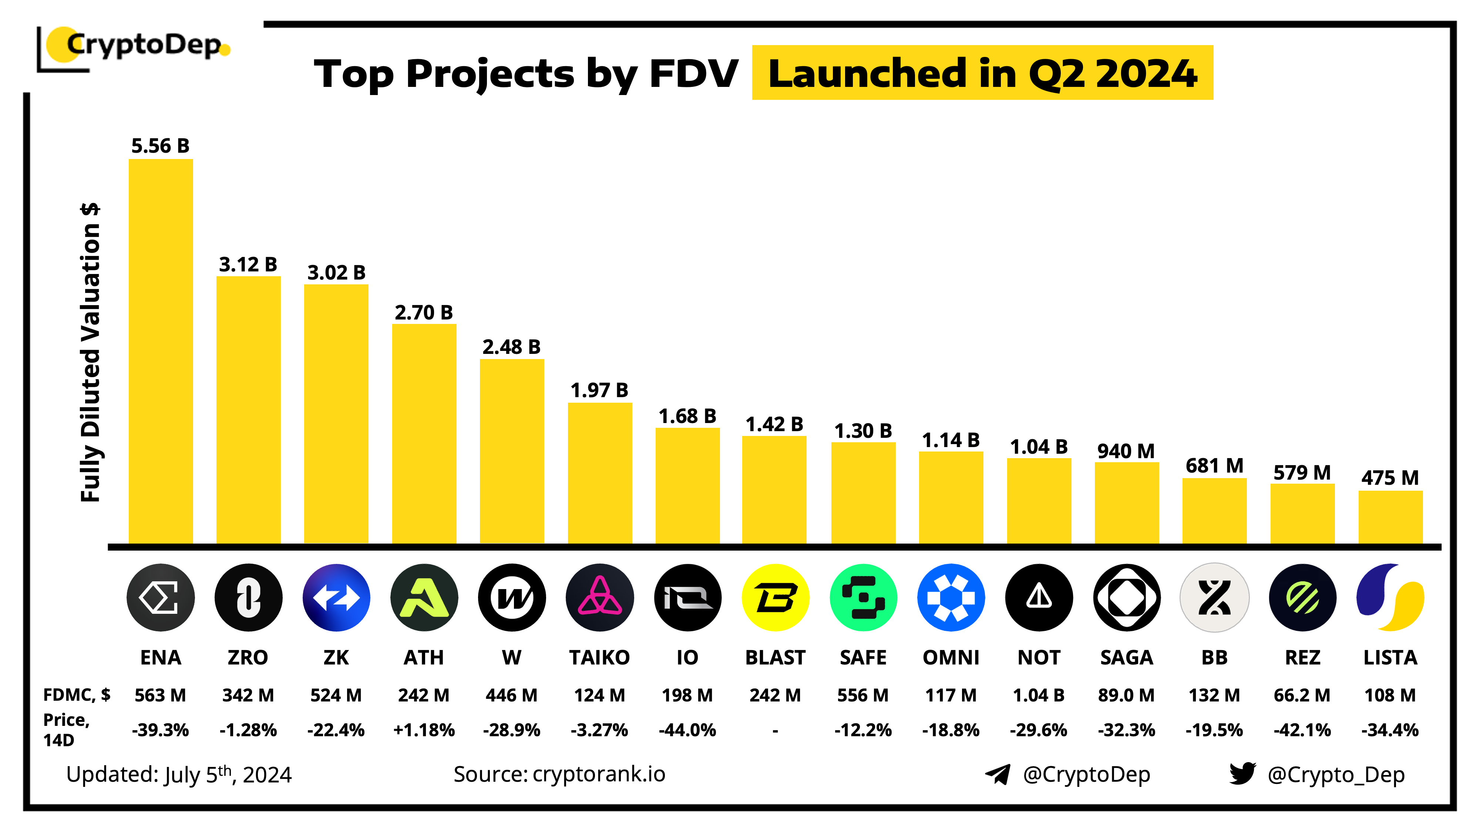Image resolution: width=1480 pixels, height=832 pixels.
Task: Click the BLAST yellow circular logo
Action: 775,598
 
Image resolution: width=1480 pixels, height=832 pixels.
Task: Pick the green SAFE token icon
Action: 863,598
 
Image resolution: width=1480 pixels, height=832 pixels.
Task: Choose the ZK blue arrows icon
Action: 336,598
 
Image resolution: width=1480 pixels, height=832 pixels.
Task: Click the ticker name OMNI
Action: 951,657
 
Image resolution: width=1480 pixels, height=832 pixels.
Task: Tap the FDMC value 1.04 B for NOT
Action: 1038,695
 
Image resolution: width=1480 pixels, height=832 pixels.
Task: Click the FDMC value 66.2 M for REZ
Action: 1302,695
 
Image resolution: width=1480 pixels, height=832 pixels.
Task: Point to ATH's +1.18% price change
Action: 424,730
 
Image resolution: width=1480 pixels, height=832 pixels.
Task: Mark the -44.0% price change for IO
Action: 687,730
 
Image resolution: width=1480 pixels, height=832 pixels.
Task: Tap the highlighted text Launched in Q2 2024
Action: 982,73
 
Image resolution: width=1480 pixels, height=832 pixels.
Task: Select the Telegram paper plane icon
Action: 998,775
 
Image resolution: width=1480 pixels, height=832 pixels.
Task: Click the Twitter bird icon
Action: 1242,774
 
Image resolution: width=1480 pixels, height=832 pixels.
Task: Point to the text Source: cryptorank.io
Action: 559,775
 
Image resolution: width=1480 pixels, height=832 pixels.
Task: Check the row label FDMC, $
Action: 77,695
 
